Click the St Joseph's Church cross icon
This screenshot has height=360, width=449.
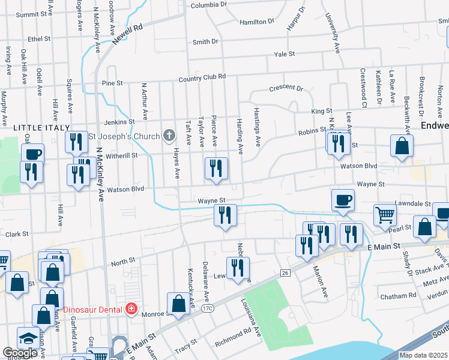pyautogui.click(x=169, y=136)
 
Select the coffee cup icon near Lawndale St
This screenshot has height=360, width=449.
pyautogui.click(x=342, y=199)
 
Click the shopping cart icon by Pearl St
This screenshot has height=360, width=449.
pyautogui.click(x=385, y=214)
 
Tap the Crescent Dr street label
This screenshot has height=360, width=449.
pyautogui.click(x=286, y=88)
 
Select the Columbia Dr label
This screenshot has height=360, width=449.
pyautogui.click(x=209, y=5)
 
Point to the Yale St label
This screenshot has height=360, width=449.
pyautogui.click(x=285, y=54)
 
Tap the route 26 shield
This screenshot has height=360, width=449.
pyautogui.click(x=285, y=273)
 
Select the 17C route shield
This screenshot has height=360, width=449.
pyautogui.click(x=208, y=308)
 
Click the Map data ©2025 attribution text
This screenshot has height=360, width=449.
pyautogui.click(x=423, y=355)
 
